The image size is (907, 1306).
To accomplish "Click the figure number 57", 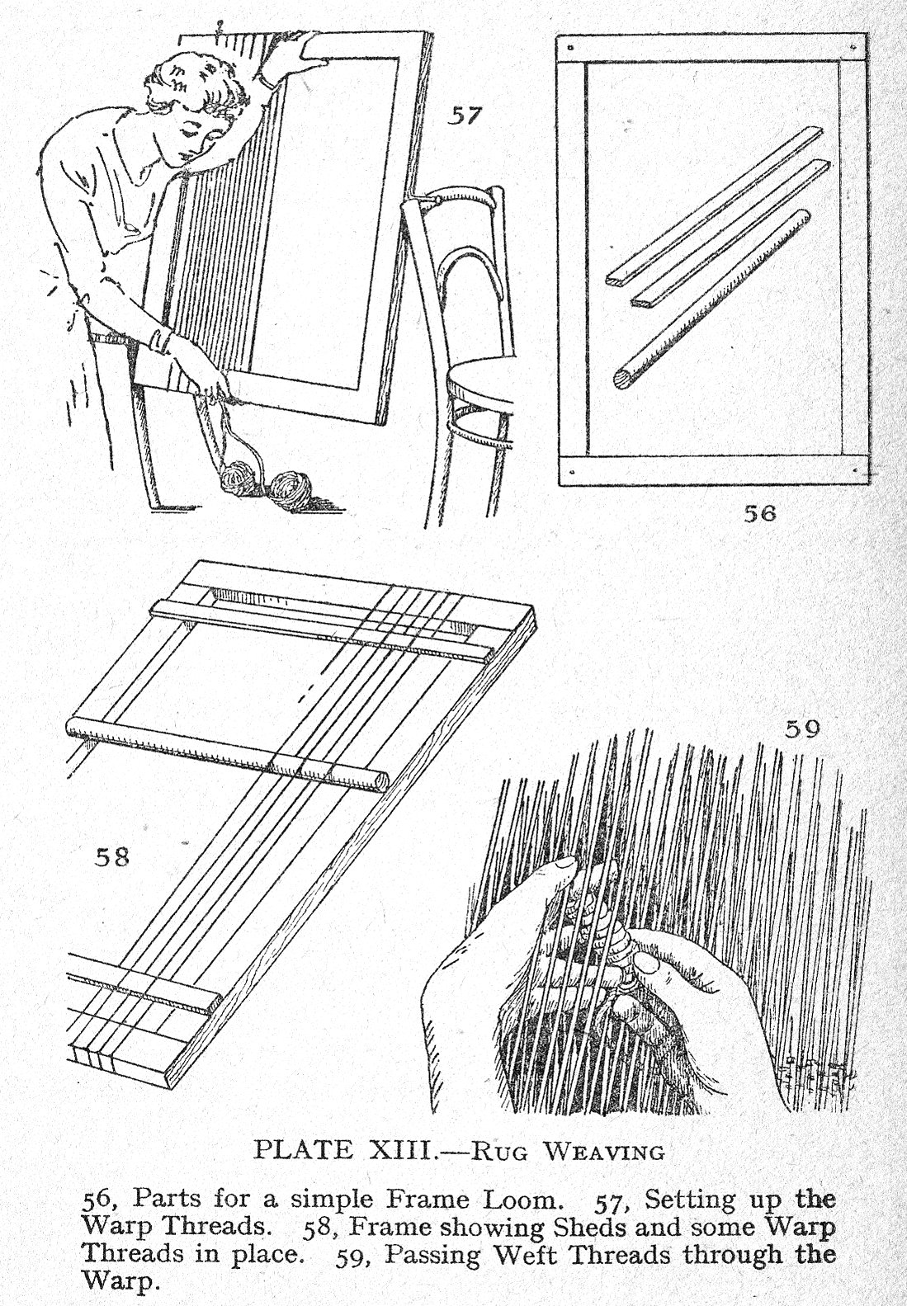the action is point(465,116).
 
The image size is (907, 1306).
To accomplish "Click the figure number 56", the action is point(760,513).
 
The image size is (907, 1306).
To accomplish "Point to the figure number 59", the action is point(802,728).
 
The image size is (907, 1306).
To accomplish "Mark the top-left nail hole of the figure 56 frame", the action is point(570,47).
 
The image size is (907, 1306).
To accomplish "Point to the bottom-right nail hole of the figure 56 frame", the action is point(856,469).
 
